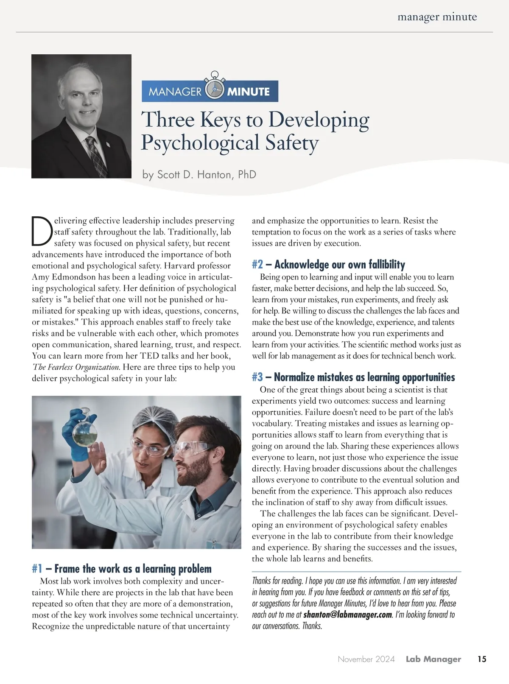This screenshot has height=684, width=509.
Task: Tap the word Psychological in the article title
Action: [200, 142]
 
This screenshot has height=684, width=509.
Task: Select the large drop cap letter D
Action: [42, 232]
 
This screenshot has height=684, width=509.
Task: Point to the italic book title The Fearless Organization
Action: [76, 367]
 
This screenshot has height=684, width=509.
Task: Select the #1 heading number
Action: [37, 569]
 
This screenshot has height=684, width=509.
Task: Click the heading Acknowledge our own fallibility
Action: [339, 265]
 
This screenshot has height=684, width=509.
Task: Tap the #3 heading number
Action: [257, 377]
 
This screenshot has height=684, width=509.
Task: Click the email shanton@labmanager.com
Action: [347, 615]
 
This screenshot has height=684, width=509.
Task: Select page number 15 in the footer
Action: [482, 659]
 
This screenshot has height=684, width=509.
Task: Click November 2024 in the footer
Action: [366, 659]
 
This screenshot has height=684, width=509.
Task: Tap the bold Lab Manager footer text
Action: [433, 659]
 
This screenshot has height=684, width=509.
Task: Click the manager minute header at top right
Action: [437, 17]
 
